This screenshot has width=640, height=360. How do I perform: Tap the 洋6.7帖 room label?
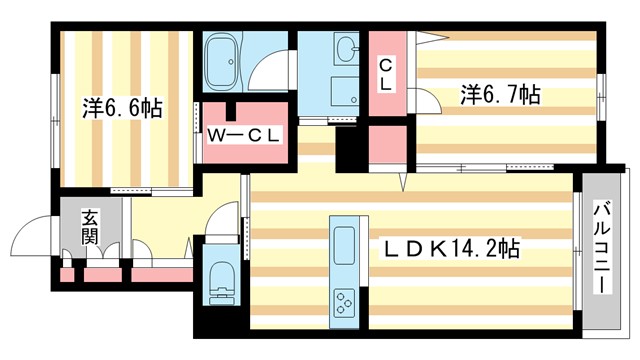pos(500,96)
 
